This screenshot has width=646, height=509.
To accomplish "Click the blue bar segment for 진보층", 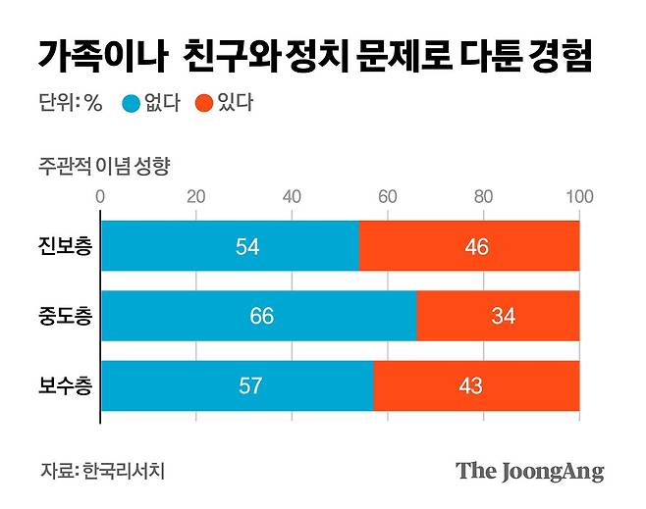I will click(x=230, y=246).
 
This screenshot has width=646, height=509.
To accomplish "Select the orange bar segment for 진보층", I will click(x=469, y=246).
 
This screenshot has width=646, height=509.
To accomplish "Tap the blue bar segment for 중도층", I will click(x=258, y=316).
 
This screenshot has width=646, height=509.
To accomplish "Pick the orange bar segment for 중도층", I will click(x=498, y=316).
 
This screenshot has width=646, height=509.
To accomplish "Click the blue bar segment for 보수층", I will click(x=237, y=385).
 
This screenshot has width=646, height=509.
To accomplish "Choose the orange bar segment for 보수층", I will click(x=476, y=385).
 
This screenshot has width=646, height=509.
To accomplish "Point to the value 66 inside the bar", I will click(x=261, y=316).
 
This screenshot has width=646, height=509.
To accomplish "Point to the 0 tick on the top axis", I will click(x=101, y=197).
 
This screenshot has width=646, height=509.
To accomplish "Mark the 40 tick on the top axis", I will click(x=293, y=197).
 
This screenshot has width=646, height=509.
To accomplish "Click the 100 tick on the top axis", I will click(x=579, y=197).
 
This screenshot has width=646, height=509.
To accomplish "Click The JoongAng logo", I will click(x=529, y=471).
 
